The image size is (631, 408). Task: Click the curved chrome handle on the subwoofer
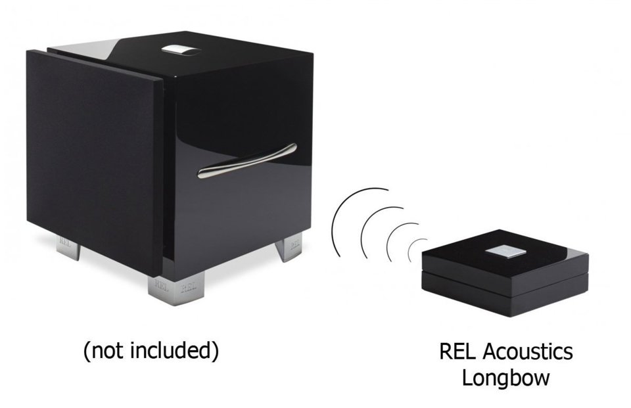pyautogui.click(x=247, y=160)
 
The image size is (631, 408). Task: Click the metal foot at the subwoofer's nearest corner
pyautogui.click(x=176, y=288)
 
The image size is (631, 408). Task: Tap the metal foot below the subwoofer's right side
pyautogui.click(x=289, y=247)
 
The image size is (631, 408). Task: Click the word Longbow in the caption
pyautogui.click(x=505, y=378)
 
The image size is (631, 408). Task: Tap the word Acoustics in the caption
pyautogui.click(x=528, y=351)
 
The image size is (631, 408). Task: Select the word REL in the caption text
pyautogui.click(x=458, y=351)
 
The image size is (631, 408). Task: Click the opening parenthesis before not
pyautogui.click(x=87, y=351)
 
